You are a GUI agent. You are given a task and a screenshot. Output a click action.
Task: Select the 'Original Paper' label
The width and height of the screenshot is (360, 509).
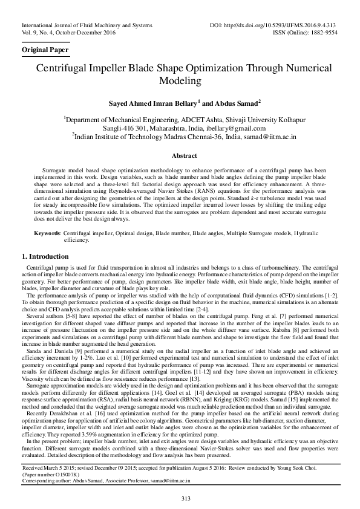point(45,48)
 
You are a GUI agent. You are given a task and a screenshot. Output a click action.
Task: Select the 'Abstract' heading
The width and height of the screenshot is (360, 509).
point(180,155)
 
